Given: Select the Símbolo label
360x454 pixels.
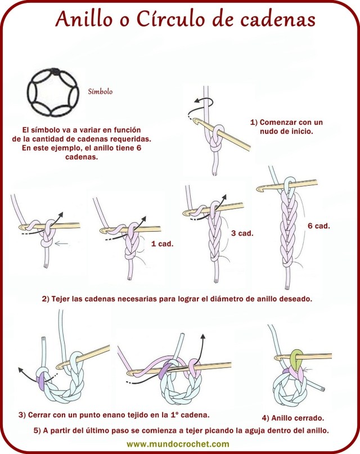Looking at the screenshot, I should [x=101, y=91].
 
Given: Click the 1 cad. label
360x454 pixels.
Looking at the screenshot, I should [x=161, y=244].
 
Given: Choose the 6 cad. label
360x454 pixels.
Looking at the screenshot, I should [x=318, y=226].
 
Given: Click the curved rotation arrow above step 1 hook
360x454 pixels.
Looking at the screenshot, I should [x=201, y=104].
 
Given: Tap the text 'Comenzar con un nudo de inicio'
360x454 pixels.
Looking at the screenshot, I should [x=286, y=127].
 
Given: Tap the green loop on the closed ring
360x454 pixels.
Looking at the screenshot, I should [x=297, y=357].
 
